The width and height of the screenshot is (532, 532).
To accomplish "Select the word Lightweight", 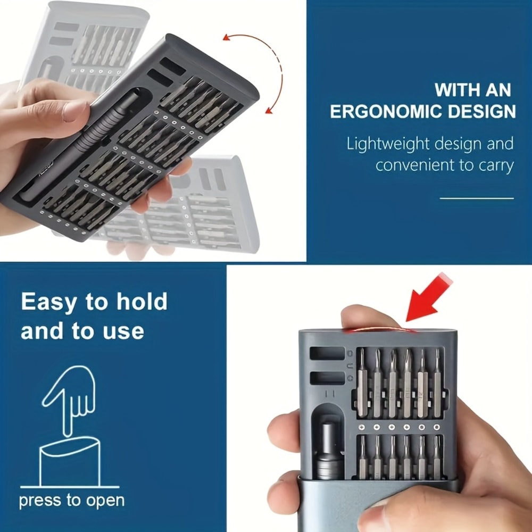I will tap(388, 144).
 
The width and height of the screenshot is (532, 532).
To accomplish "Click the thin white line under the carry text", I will tap(477, 198).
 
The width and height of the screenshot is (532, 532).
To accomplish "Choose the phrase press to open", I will tap(71, 501).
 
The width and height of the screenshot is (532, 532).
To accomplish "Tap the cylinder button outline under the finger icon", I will tap(70, 462).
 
